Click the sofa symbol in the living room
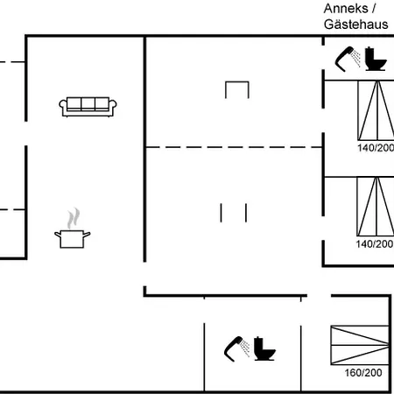pos(88,107)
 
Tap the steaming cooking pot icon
pos(73,229)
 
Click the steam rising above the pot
pos(74,218)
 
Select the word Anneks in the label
pos(346,9)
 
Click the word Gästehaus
pos(355,25)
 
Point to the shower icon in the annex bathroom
pos(348,59)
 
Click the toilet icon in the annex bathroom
pos(376,59)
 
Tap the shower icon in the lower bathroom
pos(237,348)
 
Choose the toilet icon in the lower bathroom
pos(264,348)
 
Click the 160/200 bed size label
pos(363,373)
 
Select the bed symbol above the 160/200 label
pos(360,345)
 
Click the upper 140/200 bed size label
pos(376,148)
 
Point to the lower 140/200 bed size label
pos(375,244)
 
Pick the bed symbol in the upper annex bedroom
pos(376,110)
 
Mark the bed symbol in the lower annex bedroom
pos(376,207)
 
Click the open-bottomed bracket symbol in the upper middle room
pos(237,82)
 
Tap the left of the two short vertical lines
pos(221,213)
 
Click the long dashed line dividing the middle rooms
pos(234,147)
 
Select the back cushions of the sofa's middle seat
pos(88,103)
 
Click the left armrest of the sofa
pos(63,107)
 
